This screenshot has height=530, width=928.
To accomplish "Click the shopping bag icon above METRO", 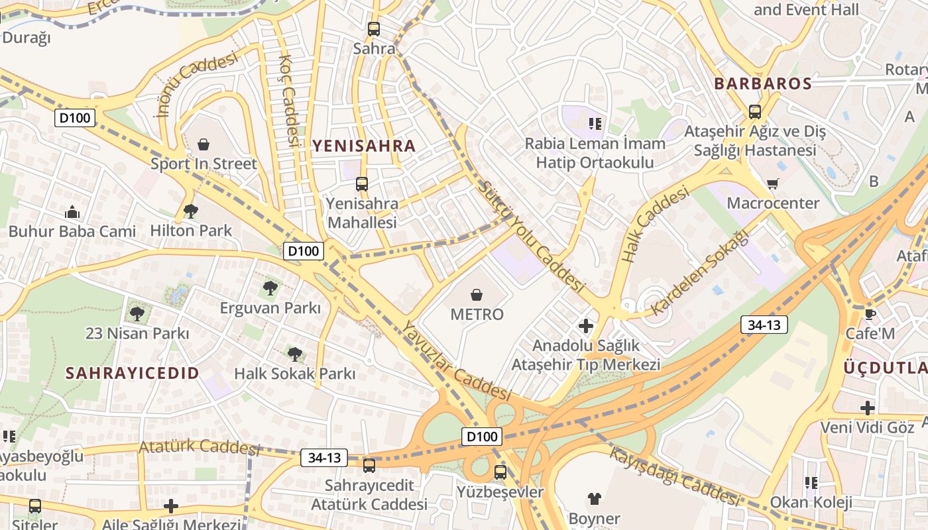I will pos(477,294).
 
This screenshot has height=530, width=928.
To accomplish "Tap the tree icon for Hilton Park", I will pos(191,211).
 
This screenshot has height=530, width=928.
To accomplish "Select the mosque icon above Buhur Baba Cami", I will pos(72,213).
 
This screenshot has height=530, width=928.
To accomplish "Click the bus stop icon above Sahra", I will pos(374,29).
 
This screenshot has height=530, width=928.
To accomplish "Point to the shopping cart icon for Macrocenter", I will pos(772,184).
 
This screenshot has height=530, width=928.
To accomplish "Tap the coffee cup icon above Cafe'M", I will pos(870,314).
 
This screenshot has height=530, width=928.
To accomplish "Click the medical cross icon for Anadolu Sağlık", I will pos(586,326).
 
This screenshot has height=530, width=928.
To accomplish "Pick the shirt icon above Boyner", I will pos(594,499).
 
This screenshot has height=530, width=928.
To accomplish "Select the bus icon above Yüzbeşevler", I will pos(500,472).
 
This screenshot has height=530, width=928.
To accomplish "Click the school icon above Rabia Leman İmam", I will pos(595,123).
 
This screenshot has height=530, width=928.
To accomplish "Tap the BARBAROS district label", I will pos(762,83).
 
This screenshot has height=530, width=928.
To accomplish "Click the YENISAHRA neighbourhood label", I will pos(364,146).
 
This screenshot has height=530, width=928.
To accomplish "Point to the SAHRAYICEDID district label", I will pos(132,373).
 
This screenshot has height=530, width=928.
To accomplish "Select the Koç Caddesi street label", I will pos(290,99).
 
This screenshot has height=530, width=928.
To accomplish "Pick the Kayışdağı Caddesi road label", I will pos(673,477).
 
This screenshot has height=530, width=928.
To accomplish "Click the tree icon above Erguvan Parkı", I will pos(270,288).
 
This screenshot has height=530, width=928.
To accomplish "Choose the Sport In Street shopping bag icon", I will pos(203,144).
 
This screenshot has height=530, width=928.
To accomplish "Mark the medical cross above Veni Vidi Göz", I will pos(868,407).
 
